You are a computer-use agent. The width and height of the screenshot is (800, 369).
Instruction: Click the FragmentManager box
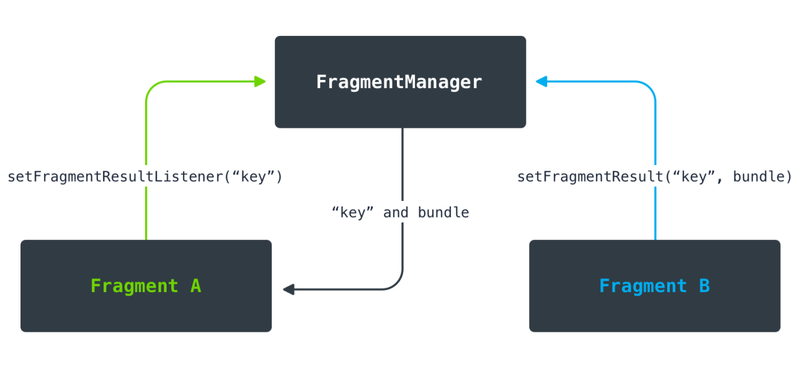[x=400, y=82]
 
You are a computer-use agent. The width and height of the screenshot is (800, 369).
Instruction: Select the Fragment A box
[x=146, y=286]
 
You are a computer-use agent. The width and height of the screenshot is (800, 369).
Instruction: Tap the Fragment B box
[x=654, y=286]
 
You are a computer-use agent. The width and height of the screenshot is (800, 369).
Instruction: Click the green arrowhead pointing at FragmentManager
[x=260, y=81]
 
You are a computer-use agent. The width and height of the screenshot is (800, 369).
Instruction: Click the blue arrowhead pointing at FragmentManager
[x=541, y=81]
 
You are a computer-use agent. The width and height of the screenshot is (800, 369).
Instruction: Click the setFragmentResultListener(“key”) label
[x=145, y=177]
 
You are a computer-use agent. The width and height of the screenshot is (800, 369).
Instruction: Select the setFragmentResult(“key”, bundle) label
[x=655, y=177]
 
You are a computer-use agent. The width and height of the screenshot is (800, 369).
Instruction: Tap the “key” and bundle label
[x=400, y=213]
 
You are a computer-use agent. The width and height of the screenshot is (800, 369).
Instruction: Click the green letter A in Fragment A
[x=195, y=286]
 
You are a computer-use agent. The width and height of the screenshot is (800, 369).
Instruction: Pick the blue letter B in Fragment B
[x=704, y=286]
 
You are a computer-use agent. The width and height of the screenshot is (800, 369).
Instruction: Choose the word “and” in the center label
[x=396, y=213]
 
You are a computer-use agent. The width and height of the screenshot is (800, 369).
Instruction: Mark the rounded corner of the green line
[x=151, y=86]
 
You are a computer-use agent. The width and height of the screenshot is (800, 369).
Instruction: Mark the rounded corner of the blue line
[x=651, y=86]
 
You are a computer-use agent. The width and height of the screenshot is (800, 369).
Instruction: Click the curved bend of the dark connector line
[x=398, y=284]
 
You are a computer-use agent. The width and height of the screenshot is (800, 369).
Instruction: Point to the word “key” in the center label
[x=353, y=213]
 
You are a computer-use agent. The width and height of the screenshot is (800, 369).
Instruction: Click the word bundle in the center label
[x=443, y=213]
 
